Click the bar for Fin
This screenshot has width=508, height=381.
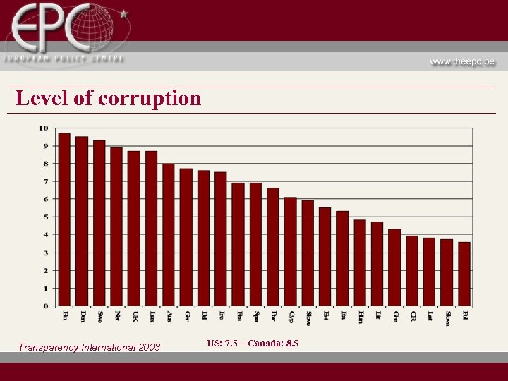pyautogui.click(x=64, y=219)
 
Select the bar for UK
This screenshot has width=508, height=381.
pyautogui.click(x=133, y=229)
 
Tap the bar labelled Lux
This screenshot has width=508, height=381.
pyautogui.click(x=151, y=229)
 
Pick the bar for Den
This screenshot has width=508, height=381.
pyautogui.click(x=82, y=222)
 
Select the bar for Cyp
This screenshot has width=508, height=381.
pyautogui.click(x=290, y=251)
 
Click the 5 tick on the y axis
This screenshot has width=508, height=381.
pyautogui.click(x=46, y=217)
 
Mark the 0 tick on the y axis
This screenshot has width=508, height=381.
pyautogui.click(x=46, y=306)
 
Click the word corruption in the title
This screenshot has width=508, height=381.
pyautogui.click(x=150, y=98)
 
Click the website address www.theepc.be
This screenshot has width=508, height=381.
pyautogui.click(x=462, y=62)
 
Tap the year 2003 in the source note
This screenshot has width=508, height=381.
pyautogui.click(x=148, y=347)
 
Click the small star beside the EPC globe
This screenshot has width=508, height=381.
pyautogui.click(x=124, y=13)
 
